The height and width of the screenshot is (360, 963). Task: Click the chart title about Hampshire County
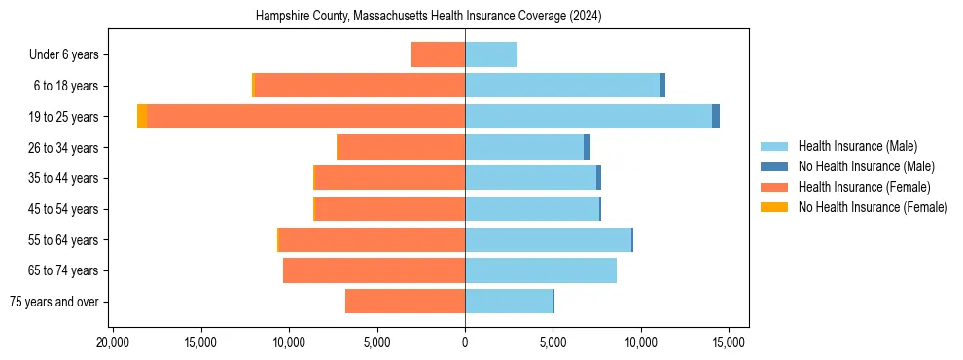click(429, 17)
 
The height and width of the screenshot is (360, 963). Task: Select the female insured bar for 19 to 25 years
click(306, 117)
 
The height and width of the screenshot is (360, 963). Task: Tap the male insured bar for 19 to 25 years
click(588, 117)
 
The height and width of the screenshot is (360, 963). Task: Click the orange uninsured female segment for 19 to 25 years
click(142, 117)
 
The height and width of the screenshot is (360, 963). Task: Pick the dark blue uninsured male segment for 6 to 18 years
click(662, 86)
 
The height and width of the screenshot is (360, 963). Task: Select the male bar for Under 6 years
click(491, 54)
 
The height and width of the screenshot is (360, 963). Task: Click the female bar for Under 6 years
click(438, 54)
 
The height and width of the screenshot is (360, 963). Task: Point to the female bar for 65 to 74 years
click(374, 270)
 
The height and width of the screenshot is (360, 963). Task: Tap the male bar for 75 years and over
click(510, 302)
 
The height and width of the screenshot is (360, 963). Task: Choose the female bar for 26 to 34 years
click(401, 147)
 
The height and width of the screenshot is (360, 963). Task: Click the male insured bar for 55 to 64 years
click(549, 240)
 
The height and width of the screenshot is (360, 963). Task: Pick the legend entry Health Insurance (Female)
click(864, 187)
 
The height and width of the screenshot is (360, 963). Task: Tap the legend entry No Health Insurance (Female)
click(873, 207)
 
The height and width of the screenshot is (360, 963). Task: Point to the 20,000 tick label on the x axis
click(114, 342)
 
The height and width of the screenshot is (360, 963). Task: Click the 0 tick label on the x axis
click(465, 342)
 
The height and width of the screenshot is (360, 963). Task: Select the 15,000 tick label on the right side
click(729, 342)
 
